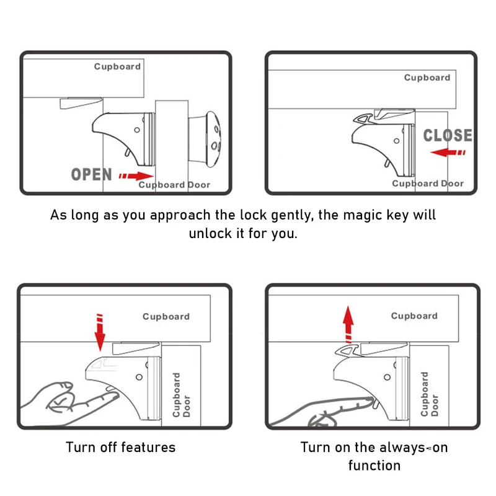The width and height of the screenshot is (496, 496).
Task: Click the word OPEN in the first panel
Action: (91, 174)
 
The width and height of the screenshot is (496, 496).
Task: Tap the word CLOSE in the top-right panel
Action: (448, 136)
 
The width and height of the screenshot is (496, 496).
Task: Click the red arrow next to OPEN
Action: (136, 176)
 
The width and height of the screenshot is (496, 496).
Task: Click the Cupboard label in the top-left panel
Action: (117, 66)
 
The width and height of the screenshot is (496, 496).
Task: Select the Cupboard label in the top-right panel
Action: (427, 77)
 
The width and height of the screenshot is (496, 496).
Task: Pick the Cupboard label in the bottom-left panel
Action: (166, 316)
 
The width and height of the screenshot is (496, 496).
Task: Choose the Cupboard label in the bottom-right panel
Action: (414, 316)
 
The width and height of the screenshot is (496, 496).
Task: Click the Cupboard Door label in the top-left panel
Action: (174, 185)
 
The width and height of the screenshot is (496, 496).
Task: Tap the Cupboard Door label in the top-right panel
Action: (428, 184)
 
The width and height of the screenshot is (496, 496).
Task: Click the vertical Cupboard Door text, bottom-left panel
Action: (182, 394)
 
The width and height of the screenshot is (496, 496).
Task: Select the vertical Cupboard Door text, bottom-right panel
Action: (430, 394)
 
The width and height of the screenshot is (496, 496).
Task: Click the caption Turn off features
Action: (121, 447)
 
